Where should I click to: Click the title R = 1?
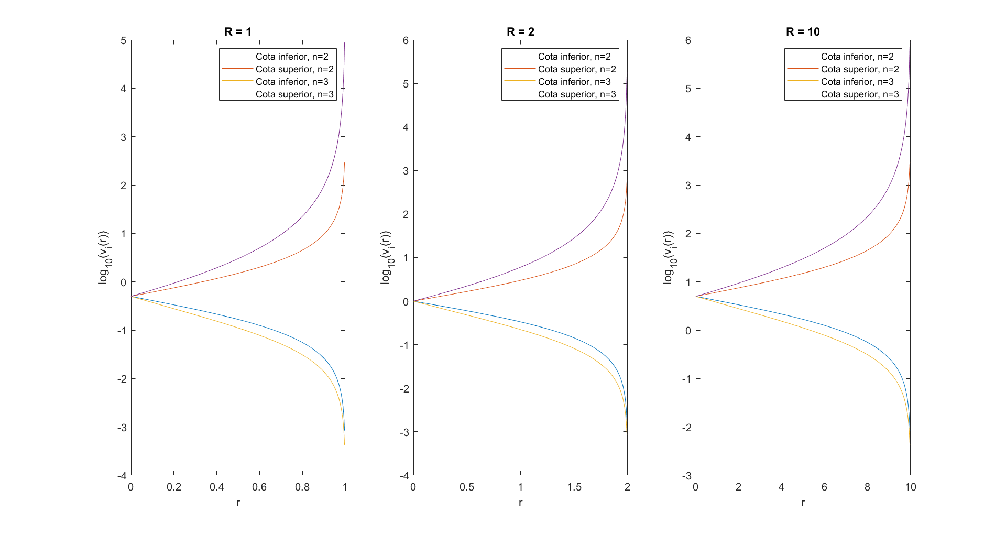pos(238,31)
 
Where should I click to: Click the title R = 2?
pos(520,31)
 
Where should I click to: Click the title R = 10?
pos(803,31)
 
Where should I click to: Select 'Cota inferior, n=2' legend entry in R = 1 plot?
pos(292,57)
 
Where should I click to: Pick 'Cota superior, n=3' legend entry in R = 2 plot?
pos(577,94)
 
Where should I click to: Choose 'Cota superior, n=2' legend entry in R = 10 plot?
pos(860,69)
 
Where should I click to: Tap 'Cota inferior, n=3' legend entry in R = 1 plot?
pos(292,82)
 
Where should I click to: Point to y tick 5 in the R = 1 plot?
pos(123,40)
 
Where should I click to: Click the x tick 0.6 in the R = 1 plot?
pos(259,487)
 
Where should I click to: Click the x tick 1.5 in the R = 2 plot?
pos(574,487)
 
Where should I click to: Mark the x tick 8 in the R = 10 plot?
pos(867,487)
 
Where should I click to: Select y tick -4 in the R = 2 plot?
pos(404,476)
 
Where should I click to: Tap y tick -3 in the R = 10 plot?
pos(686,476)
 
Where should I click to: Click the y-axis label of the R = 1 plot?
pos(104,257)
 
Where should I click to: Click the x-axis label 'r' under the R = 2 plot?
pos(520,503)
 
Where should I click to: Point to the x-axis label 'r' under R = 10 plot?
pos(803,503)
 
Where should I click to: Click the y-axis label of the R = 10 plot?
pos(669,257)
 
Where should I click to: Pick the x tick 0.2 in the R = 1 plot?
pos(174,487)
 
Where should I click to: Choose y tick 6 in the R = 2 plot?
pos(406,40)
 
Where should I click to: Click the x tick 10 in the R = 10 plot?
pos(911,487)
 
